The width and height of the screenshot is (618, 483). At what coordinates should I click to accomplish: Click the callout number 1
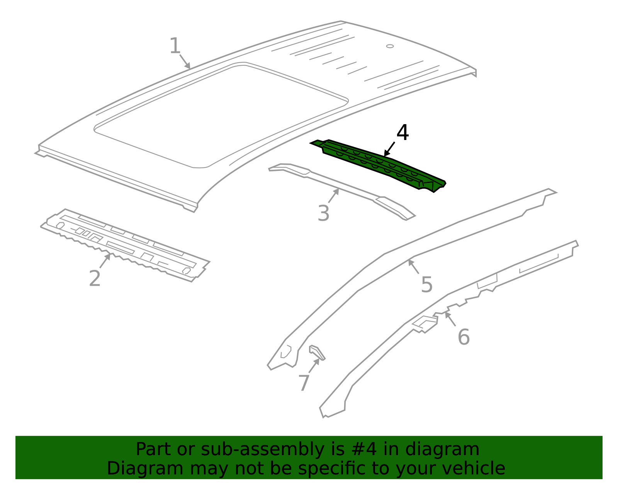tap(175, 46)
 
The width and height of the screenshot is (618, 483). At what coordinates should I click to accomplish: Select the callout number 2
tap(95, 278)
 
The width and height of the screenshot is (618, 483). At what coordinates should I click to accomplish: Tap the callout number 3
tap(324, 213)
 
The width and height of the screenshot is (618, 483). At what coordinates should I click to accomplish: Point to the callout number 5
tap(426, 285)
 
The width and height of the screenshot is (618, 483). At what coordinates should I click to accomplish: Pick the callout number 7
tap(304, 383)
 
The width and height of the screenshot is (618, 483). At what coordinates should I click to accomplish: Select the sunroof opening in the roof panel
tap(220, 116)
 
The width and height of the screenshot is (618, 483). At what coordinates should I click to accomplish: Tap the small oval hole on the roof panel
tap(390, 46)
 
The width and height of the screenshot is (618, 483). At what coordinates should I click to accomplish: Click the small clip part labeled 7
tap(317, 352)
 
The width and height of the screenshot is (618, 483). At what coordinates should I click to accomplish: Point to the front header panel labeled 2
tap(124, 244)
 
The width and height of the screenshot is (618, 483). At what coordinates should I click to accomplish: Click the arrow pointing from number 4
tap(389, 149)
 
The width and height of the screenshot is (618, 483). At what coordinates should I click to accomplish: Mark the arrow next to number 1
tap(185, 61)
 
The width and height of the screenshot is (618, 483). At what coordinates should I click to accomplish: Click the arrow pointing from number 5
tap(414, 267)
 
